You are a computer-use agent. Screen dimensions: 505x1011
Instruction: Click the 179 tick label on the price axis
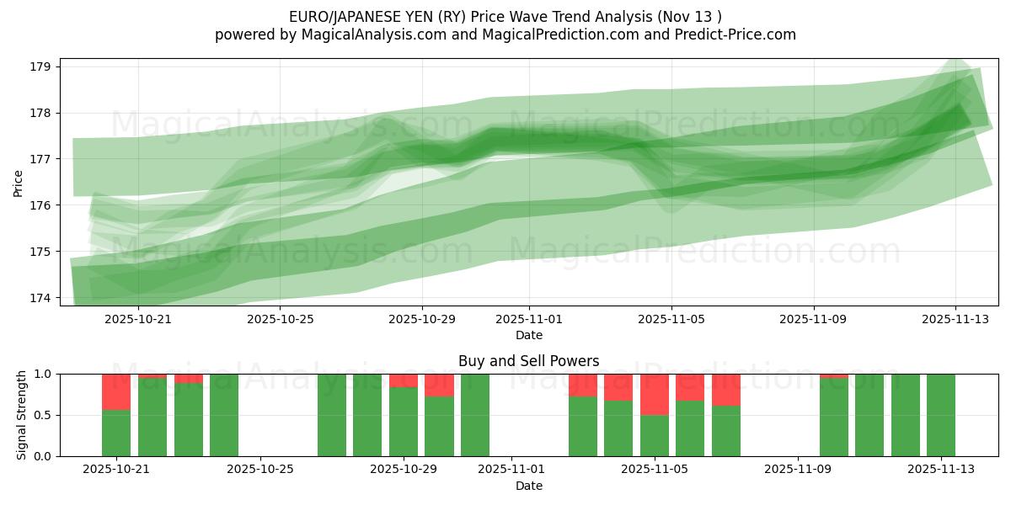42,66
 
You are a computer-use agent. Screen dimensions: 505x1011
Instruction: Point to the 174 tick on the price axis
42,298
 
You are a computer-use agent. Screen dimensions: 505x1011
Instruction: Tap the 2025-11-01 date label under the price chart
529,320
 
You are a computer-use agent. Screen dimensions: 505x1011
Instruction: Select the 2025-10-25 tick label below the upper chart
281,320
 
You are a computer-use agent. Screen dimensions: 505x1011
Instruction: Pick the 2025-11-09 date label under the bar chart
796,470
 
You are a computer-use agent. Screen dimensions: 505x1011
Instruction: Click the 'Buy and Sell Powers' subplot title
528,361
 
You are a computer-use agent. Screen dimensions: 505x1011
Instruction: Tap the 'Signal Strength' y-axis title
22,415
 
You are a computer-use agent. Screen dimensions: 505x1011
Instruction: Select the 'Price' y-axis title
19,182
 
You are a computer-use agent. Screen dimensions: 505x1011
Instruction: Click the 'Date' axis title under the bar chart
528,486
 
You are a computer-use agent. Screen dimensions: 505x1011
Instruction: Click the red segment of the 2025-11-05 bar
655,394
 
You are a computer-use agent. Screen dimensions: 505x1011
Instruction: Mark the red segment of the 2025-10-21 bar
116,391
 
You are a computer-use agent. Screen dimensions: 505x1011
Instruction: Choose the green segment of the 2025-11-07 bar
726,431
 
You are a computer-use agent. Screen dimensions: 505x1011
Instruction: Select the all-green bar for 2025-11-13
940,415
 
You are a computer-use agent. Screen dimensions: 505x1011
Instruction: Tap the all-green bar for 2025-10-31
475,415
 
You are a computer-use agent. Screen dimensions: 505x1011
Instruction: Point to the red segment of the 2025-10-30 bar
439,385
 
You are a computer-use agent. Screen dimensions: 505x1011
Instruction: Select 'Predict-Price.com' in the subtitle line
731,35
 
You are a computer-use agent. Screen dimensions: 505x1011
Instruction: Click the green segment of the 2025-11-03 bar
583,427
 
